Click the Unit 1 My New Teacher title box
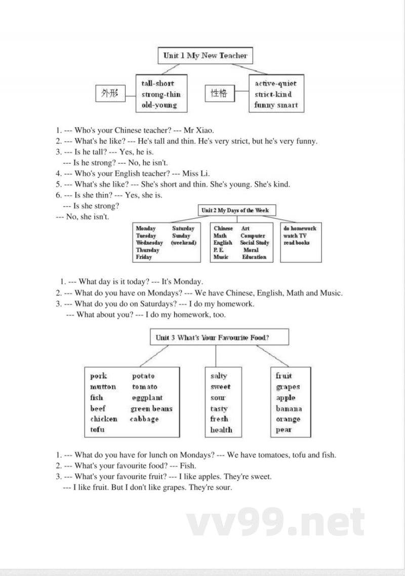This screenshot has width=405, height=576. click(205, 56)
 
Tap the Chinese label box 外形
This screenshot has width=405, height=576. click(109, 94)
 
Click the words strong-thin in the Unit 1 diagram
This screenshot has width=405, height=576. click(161, 94)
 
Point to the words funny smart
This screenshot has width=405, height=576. click(276, 105)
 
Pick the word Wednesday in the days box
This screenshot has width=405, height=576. click(149, 243)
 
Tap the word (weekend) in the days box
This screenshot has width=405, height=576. click(183, 243)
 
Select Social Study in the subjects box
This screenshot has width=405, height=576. click(255, 243)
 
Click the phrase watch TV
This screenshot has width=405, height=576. click(295, 236)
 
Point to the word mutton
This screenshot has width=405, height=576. click(103, 387)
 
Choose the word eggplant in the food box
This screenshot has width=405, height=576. click(147, 398)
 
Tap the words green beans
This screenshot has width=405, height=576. click(151, 408)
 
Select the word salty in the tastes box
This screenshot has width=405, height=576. click(219, 376)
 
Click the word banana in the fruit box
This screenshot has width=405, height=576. click(289, 408)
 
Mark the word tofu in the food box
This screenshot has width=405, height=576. click(98, 430)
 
